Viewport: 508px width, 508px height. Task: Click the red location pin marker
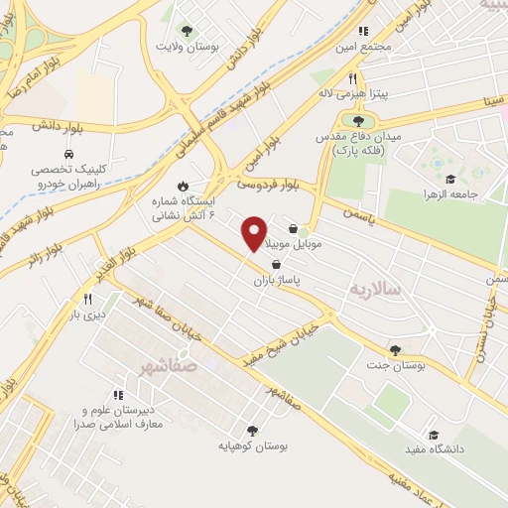coord(254,233)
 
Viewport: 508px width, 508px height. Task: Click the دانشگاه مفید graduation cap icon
coord(433,435)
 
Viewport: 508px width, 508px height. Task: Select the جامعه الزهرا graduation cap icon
coord(449,180)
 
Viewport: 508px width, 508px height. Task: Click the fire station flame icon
coord(183,187)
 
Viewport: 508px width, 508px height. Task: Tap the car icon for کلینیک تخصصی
coord(67,156)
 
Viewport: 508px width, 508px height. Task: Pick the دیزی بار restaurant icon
coord(87,299)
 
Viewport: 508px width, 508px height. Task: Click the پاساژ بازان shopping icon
coord(275,264)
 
